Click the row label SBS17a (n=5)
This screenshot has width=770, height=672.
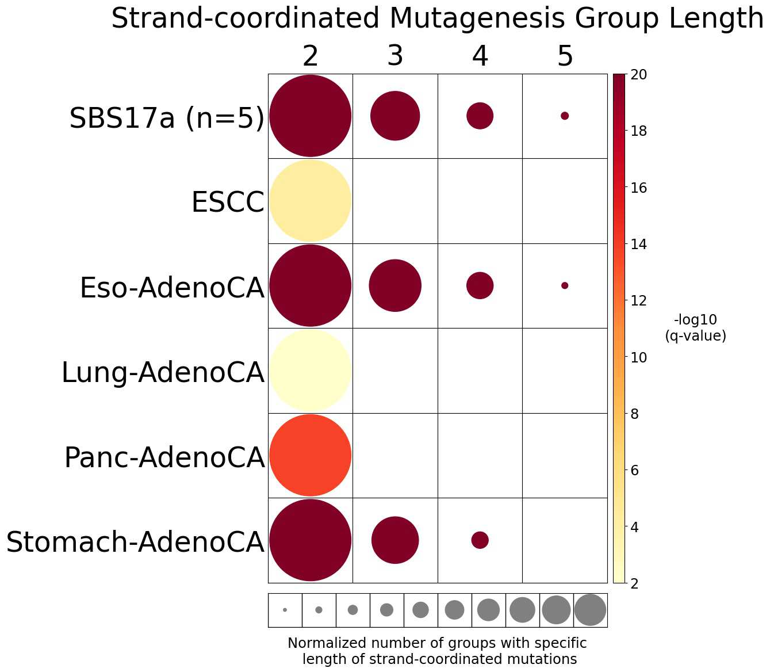click(167, 119)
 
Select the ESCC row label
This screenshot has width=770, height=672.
click(228, 203)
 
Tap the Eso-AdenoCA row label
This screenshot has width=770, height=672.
click(172, 288)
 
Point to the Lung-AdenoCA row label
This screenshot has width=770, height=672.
click(163, 372)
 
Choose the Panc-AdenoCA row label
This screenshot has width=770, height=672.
click(164, 457)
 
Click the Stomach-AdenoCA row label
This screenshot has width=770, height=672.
click(135, 542)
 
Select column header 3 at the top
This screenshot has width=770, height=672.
click(395, 56)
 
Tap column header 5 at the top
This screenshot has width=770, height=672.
click(565, 56)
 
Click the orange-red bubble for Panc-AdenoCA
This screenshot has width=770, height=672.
click(311, 455)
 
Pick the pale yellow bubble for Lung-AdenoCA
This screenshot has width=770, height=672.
click(311, 371)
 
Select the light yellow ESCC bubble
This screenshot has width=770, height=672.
click(311, 201)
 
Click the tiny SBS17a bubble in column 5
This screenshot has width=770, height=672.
click(565, 116)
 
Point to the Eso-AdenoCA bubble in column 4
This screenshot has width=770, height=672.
click(480, 285)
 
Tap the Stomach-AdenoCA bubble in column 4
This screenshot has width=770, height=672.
click(480, 540)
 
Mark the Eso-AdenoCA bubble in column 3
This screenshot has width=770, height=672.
click(395, 285)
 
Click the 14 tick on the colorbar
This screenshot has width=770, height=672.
click(638, 245)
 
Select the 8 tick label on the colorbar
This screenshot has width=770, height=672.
click(635, 414)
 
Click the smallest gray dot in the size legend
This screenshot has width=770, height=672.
click(285, 610)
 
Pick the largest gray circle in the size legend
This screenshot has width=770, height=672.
click(590, 610)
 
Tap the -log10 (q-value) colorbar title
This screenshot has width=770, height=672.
click(695, 328)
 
